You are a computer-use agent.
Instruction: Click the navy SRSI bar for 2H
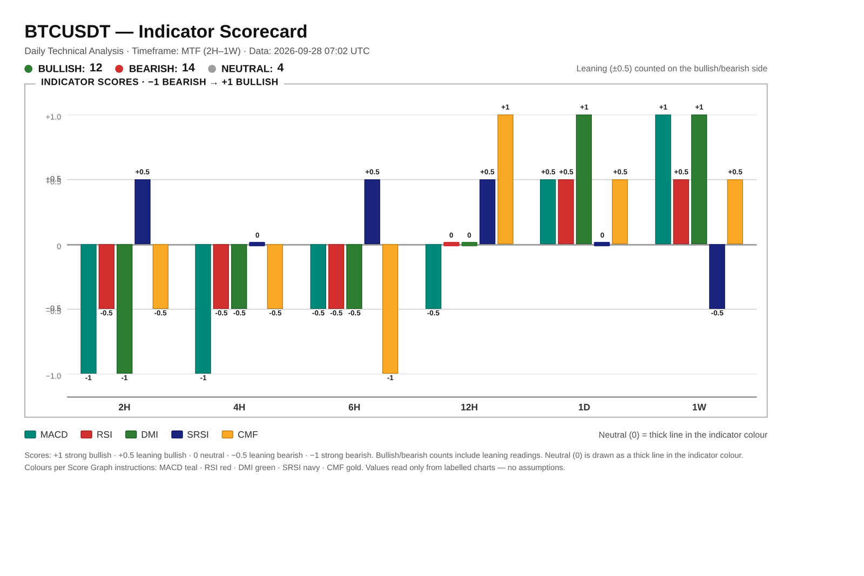143,212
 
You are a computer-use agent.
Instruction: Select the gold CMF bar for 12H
505,179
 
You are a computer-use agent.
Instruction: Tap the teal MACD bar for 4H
203,309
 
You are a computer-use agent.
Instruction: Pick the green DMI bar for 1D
584,179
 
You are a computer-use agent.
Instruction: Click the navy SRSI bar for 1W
717,276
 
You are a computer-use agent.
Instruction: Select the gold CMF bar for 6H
390,309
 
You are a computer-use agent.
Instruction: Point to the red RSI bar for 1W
681,212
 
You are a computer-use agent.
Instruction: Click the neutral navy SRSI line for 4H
257,244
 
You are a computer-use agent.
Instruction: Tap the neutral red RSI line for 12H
451,244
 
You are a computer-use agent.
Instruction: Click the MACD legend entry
46,435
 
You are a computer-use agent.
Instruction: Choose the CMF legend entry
240,435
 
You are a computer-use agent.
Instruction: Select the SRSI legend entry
190,435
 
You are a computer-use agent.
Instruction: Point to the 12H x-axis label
469,407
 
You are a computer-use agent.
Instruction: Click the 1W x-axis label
699,407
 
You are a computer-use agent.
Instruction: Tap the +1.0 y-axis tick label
53,117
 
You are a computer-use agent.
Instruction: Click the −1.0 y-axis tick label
53,376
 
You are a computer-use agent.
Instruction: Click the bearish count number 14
188,68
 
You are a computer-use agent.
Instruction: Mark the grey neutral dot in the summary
212,69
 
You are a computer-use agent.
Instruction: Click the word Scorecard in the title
264,32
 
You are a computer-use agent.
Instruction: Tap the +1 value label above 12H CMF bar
505,107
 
